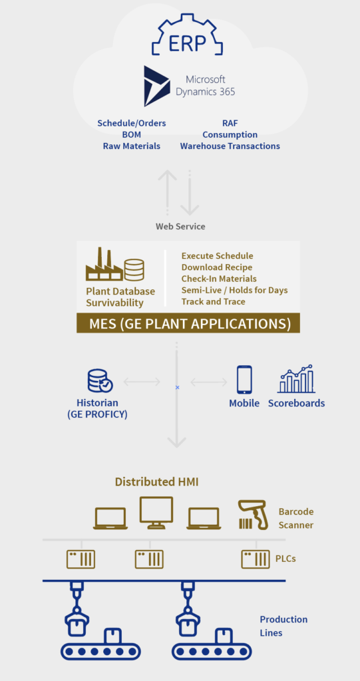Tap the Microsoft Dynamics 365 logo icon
tap(157, 86)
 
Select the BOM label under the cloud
tap(131, 134)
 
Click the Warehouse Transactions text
tap(230, 146)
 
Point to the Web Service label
tap(180, 226)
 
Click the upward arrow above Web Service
tap(168, 192)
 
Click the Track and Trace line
tap(214, 301)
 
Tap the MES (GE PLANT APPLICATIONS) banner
tap(188, 324)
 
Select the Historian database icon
tap(100, 380)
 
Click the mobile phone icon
tap(244, 379)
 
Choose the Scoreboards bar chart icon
tap(296, 378)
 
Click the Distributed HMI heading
tap(156, 481)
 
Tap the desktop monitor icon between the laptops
tap(156, 513)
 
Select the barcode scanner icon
tap(254, 515)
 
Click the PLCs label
tap(285, 559)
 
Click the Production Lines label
tap(283, 626)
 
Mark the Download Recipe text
tap(217, 267)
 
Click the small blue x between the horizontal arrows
tap(177, 387)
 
